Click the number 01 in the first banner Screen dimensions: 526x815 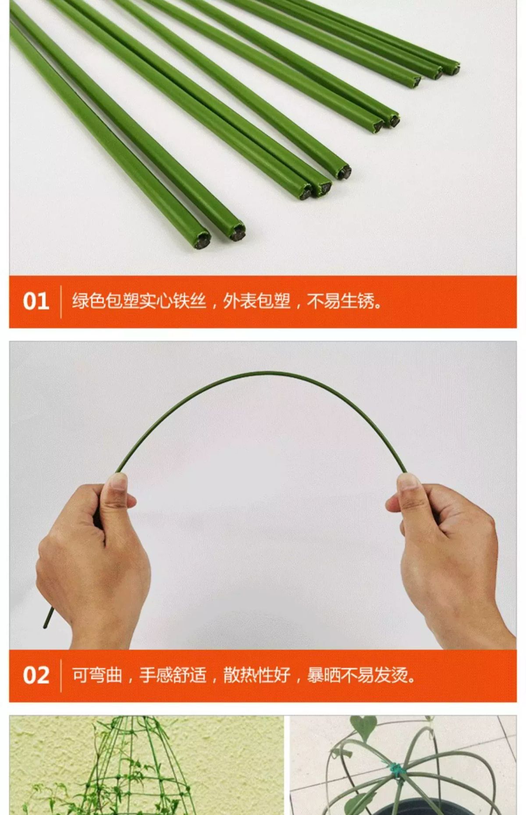click(x=36, y=302)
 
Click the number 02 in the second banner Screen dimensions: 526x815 click(x=36, y=675)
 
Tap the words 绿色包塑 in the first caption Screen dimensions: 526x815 click(x=105, y=301)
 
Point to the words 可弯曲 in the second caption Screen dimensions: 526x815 click(x=97, y=675)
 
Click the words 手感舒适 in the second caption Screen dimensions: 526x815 click(x=173, y=675)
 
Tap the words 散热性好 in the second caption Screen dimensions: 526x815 click(x=257, y=675)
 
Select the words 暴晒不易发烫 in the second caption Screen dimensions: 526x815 click(x=358, y=675)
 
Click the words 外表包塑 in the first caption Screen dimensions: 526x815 click(x=257, y=301)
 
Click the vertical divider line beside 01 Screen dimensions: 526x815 click(x=60, y=302)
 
